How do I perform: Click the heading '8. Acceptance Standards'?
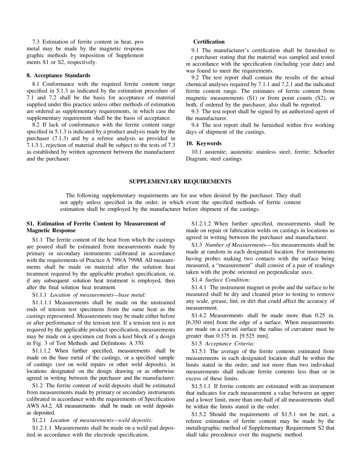58,75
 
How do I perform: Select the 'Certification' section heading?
208,42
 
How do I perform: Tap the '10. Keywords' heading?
203,143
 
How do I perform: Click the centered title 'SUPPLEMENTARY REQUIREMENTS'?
180,181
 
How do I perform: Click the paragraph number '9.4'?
196,125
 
